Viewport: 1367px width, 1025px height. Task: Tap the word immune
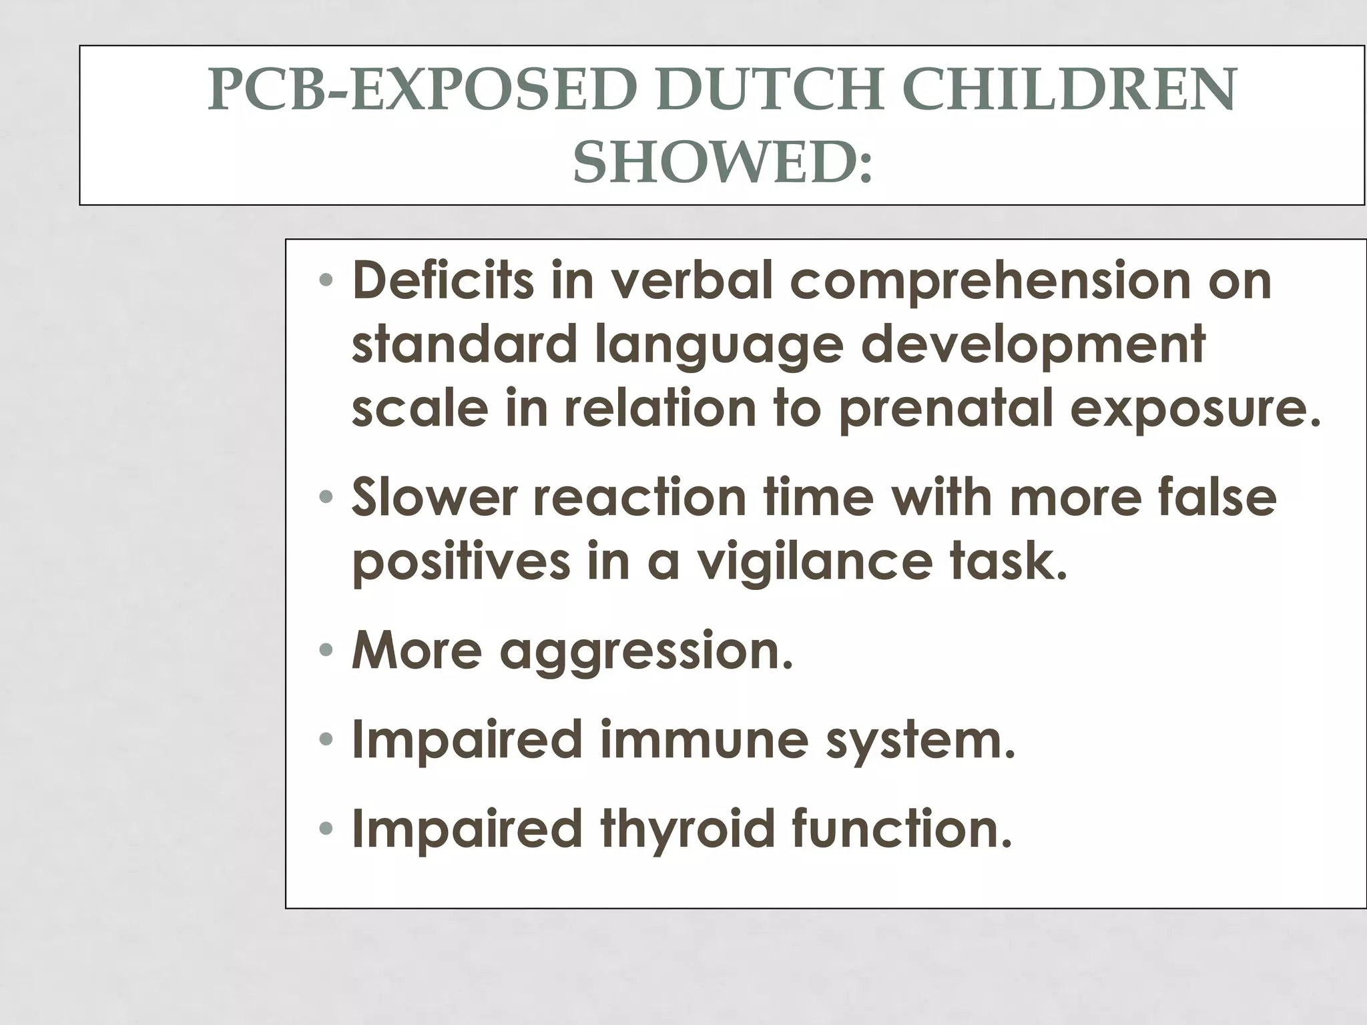704,739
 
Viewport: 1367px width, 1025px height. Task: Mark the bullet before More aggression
325,650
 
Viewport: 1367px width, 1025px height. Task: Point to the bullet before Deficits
325,281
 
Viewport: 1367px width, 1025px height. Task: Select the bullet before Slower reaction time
325,497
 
